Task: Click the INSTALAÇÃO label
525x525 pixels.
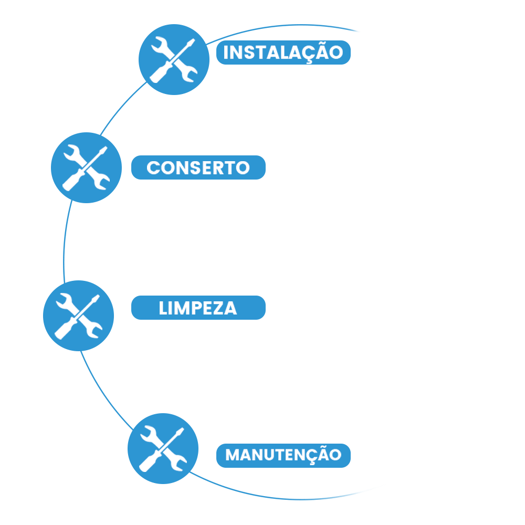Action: [283, 52]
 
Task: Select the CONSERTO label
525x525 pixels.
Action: [198, 167]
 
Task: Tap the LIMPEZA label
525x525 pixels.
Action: [198, 308]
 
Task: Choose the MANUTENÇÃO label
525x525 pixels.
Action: [283, 455]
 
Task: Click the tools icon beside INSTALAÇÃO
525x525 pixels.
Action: [174, 60]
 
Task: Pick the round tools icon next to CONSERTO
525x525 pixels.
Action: [86, 167]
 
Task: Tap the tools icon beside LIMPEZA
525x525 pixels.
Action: [78, 315]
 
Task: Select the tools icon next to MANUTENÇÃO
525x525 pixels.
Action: [163, 448]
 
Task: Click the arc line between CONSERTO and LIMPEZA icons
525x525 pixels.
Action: [64, 241]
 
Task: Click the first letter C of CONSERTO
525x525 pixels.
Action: [153, 168]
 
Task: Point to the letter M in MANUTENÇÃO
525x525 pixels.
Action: [233, 455]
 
